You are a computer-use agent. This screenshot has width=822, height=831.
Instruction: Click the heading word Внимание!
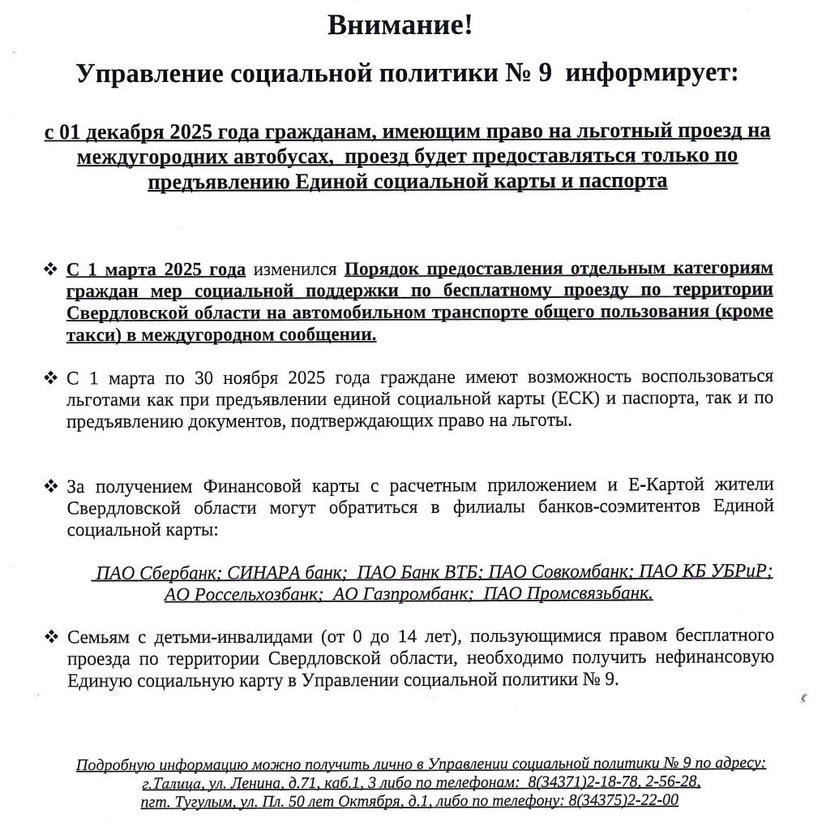pos(399,25)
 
